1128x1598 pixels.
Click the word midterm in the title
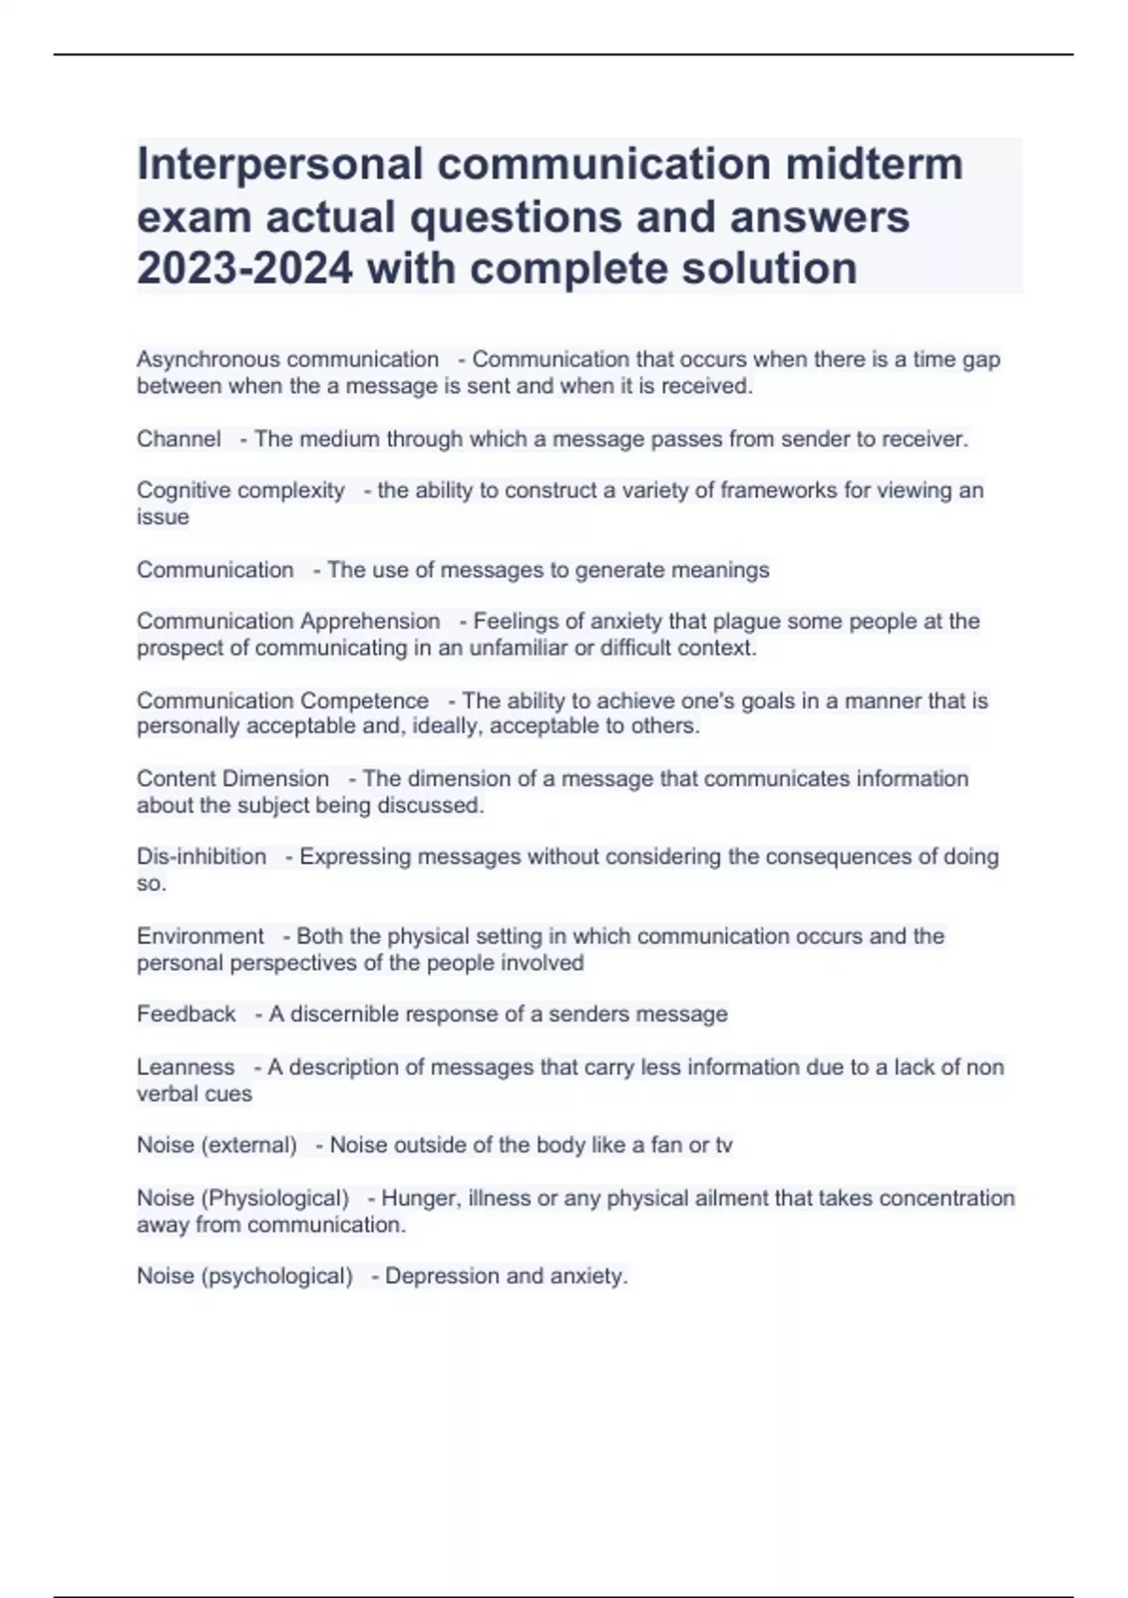click(x=874, y=164)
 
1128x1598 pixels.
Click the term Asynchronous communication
click(x=288, y=359)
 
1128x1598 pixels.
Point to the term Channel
click(x=179, y=439)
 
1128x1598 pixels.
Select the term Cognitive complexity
click(x=241, y=491)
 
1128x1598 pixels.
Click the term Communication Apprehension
click(x=289, y=621)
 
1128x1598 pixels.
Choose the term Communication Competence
click(x=283, y=701)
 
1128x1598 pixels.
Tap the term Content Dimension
click(x=233, y=779)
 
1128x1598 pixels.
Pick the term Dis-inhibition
click(x=201, y=857)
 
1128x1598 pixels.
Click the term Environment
click(x=200, y=936)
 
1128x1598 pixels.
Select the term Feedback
click(x=186, y=1014)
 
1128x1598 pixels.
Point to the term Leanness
click(x=185, y=1068)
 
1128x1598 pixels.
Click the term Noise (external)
click(x=217, y=1146)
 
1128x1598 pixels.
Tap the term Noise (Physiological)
click(x=243, y=1198)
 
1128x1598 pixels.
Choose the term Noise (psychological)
click(x=244, y=1277)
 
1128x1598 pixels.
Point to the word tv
click(x=723, y=1146)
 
